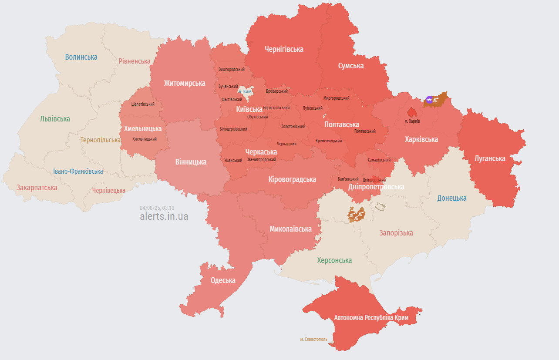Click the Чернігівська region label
[x=284, y=49]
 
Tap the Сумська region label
[x=351, y=66]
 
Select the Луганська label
[x=490, y=158]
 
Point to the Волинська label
[x=81, y=57]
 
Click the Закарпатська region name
[x=37, y=188]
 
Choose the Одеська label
[x=223, y=280]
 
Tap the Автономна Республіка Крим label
[x=371, y=318]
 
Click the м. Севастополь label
[x=313, y=339]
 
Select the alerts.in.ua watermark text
[x=164, y=216]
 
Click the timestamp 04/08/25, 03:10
[x=157, y=208]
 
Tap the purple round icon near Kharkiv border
[x=429, y=100]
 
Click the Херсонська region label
[x=334, y=260]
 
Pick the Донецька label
[x=451, y=198]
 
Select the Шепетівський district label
[x=143, y=104]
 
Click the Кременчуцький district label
[x=328, y=141]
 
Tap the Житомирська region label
[x=185, y=83]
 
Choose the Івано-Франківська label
[x=78, y=171]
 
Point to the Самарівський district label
[x=379, y=160]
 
